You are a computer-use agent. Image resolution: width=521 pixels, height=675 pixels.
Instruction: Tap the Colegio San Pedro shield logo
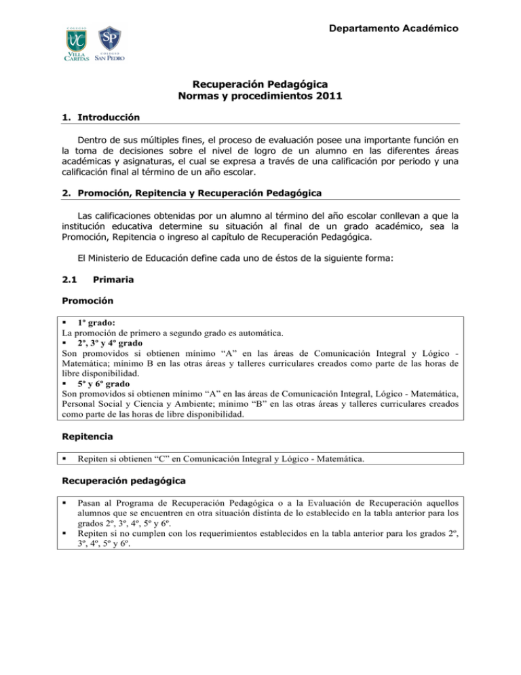111,43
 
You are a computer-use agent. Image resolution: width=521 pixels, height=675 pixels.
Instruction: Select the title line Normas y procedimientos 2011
260,96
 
